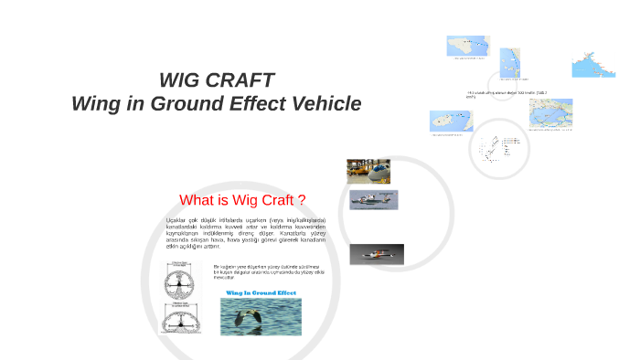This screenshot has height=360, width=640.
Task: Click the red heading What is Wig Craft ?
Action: tap(241, 200)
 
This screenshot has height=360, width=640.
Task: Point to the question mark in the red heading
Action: tap(301, 200)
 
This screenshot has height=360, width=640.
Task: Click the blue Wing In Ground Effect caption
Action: tap(261, 293)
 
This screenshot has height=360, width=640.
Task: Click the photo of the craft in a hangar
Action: tap(368, 170)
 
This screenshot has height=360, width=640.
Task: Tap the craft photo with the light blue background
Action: tap(373, 199)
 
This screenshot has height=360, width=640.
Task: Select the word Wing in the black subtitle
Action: tap(95, 104)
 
